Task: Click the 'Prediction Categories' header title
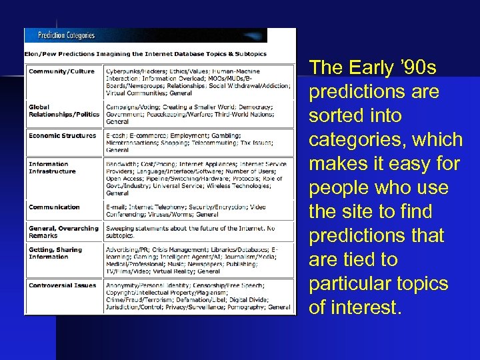[x=66, y=35]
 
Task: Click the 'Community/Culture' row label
[x=61, y=71]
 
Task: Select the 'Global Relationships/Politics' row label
[x=63, y=111]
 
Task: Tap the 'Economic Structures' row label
[x=62, y=135]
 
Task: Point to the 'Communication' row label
[x=54, y=207]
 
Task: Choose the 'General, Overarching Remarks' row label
[x=63, y=232]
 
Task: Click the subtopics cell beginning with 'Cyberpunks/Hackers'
[x=199, y=82]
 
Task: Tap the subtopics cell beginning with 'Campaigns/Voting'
[x=199, y=114]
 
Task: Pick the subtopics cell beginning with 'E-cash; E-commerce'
[x=199, y=143]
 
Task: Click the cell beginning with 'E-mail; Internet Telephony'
[x=199, y=211]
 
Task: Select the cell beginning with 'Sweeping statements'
[x=199, y=232]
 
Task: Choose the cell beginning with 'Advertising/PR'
[x=199, y=261]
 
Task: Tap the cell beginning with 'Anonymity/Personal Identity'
[x=199, y=296]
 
